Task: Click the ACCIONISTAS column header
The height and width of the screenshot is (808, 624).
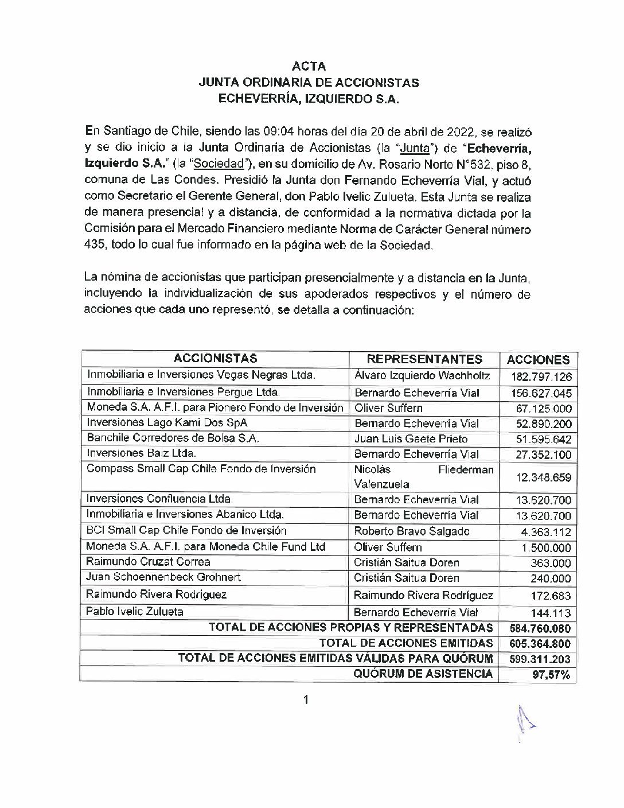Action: point(215,359)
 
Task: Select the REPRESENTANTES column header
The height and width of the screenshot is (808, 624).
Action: point(424,359)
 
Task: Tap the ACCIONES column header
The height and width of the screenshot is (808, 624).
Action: point(538,360)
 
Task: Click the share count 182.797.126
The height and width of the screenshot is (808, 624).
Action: point(541,377)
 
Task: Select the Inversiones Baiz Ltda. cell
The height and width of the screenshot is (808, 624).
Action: point(141,453)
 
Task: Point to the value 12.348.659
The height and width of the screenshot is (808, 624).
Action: point(544,477)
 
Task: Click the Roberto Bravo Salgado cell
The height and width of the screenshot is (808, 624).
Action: point(411,531)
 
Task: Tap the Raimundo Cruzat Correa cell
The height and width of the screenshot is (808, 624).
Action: point(148,562)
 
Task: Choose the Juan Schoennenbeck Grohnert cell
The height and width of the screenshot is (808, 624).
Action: point(163,577)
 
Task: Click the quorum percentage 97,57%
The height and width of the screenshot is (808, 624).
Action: point(551,675)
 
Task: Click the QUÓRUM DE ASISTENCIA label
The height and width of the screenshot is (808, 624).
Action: point(423,674)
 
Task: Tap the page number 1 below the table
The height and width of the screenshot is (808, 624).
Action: point(306,700)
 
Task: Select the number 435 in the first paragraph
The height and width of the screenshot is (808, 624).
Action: point(94,246)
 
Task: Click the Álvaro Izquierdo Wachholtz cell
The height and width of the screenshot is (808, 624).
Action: point(422,376)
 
